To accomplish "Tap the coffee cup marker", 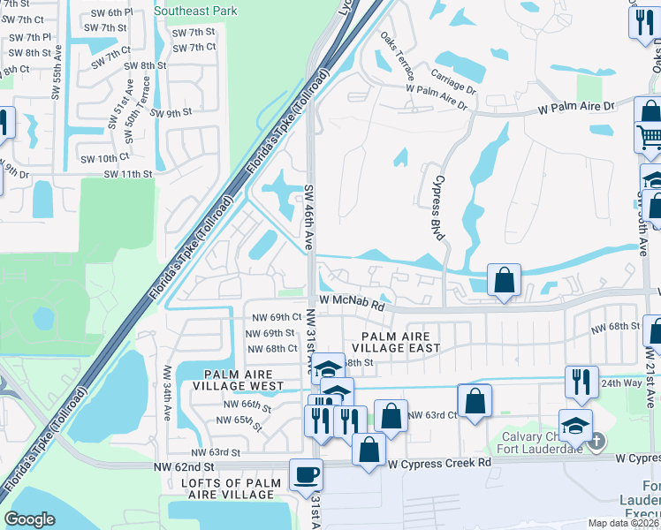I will (x=306, y=475).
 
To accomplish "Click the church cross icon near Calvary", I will (x=598, y=440).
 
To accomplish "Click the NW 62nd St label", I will (x=183, y=465).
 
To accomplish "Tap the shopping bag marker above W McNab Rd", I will (x=503, y=280).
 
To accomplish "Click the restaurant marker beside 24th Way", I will (x=581, y=382).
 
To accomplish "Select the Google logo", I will (x=29, y=519).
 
